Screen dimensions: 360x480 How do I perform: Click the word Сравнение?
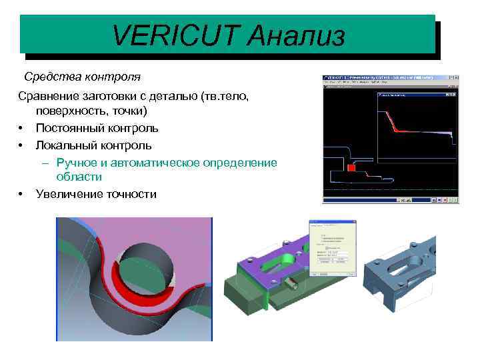[49, 97]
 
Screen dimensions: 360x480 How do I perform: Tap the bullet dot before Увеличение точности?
[22, 194]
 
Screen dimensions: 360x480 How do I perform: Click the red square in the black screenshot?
[351, 169]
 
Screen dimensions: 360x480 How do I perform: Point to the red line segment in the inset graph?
[398, 129]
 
